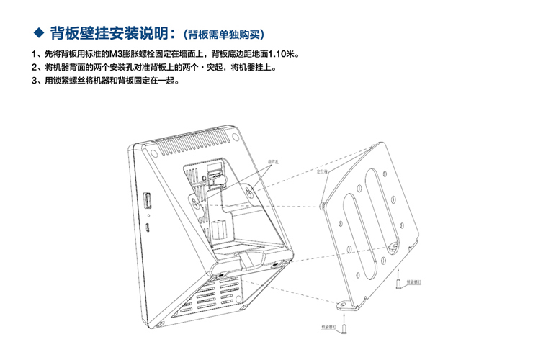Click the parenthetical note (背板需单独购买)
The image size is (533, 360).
point(224,34)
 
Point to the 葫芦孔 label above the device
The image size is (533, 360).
point(273,162)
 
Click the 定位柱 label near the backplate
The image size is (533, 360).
point(322,173)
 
